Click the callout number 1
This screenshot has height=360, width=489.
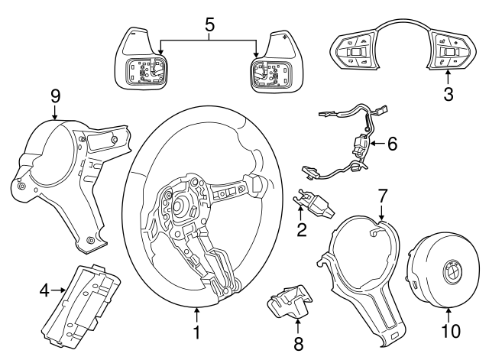coord(196,333)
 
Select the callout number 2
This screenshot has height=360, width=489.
coord(303,228)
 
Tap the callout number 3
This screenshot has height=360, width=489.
coord(449,95)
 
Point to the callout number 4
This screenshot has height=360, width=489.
coord(44,290)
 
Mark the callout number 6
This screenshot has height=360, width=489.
coord(392,143)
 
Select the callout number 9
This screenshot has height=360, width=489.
coord(54,97)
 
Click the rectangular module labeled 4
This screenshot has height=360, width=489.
coord(84,294)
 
